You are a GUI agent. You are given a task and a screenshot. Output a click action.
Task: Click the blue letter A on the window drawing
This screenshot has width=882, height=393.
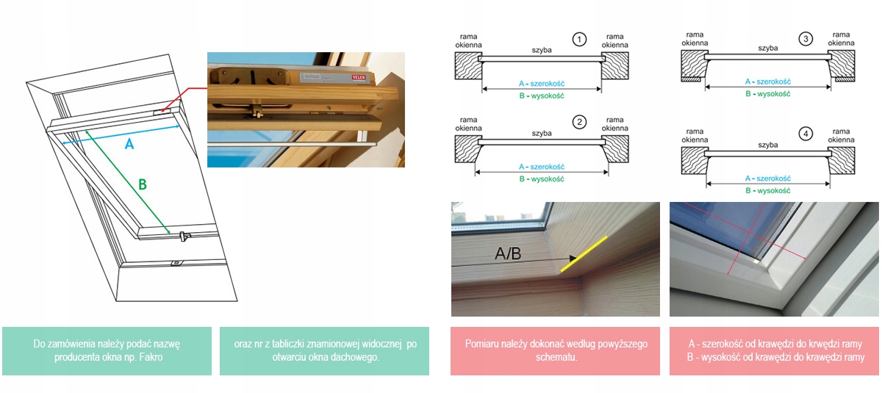pyautogui.click(x=129, y=145)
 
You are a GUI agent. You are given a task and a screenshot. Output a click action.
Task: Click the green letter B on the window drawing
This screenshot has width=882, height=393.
pyautogui.click(x=143, y=184)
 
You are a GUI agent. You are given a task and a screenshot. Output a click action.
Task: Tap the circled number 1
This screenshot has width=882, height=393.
pyautogui.click(x=579, y=40)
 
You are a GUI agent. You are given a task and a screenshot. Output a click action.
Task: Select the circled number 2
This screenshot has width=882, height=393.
pyautogui.click(x=579, y=123)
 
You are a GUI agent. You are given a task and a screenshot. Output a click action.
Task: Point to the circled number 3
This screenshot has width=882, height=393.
pyautogui.click(x=806, y=39)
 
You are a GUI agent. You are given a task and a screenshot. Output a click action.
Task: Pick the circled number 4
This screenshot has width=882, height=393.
pyautogui.click(x=806, y=134)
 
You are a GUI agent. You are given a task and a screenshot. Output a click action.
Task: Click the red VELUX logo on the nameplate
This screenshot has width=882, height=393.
pyautogui.click(x=359, y=77)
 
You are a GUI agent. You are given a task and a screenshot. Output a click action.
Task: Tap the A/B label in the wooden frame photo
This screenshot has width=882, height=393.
pyautogui.click(x=508, y=253)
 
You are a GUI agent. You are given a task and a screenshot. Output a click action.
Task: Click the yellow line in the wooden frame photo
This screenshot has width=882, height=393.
pyautogui.click(x=584, y=254)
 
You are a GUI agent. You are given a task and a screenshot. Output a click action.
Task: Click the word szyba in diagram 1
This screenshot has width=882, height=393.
pyautogui.click(x=542, y=51)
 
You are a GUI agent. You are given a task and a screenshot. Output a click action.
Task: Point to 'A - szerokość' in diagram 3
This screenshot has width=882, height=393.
pyautogui.click(x=768, y=82)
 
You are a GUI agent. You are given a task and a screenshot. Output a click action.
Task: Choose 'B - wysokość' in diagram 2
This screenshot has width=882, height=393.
pyautogui.click(x=542, y=179)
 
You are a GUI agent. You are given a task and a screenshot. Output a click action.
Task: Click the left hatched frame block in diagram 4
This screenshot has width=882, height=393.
pyautogui.click(x=694, y=160)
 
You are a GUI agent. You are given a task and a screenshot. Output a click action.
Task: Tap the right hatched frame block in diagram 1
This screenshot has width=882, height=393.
pyautogui.click(x=615, y=65)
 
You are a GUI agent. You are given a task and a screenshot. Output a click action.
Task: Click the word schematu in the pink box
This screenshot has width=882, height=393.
pyautogui.click(x=556, y=357)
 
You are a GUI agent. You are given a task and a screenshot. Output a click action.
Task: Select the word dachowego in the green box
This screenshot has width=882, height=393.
pyautogui.click(x=359, y=357)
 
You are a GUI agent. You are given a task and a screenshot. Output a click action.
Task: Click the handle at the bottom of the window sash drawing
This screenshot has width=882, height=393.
pyautogui.click(x=184, y=237)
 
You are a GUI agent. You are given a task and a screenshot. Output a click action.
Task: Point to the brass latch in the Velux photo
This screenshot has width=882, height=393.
pyautogui.click(x=258, y=113)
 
